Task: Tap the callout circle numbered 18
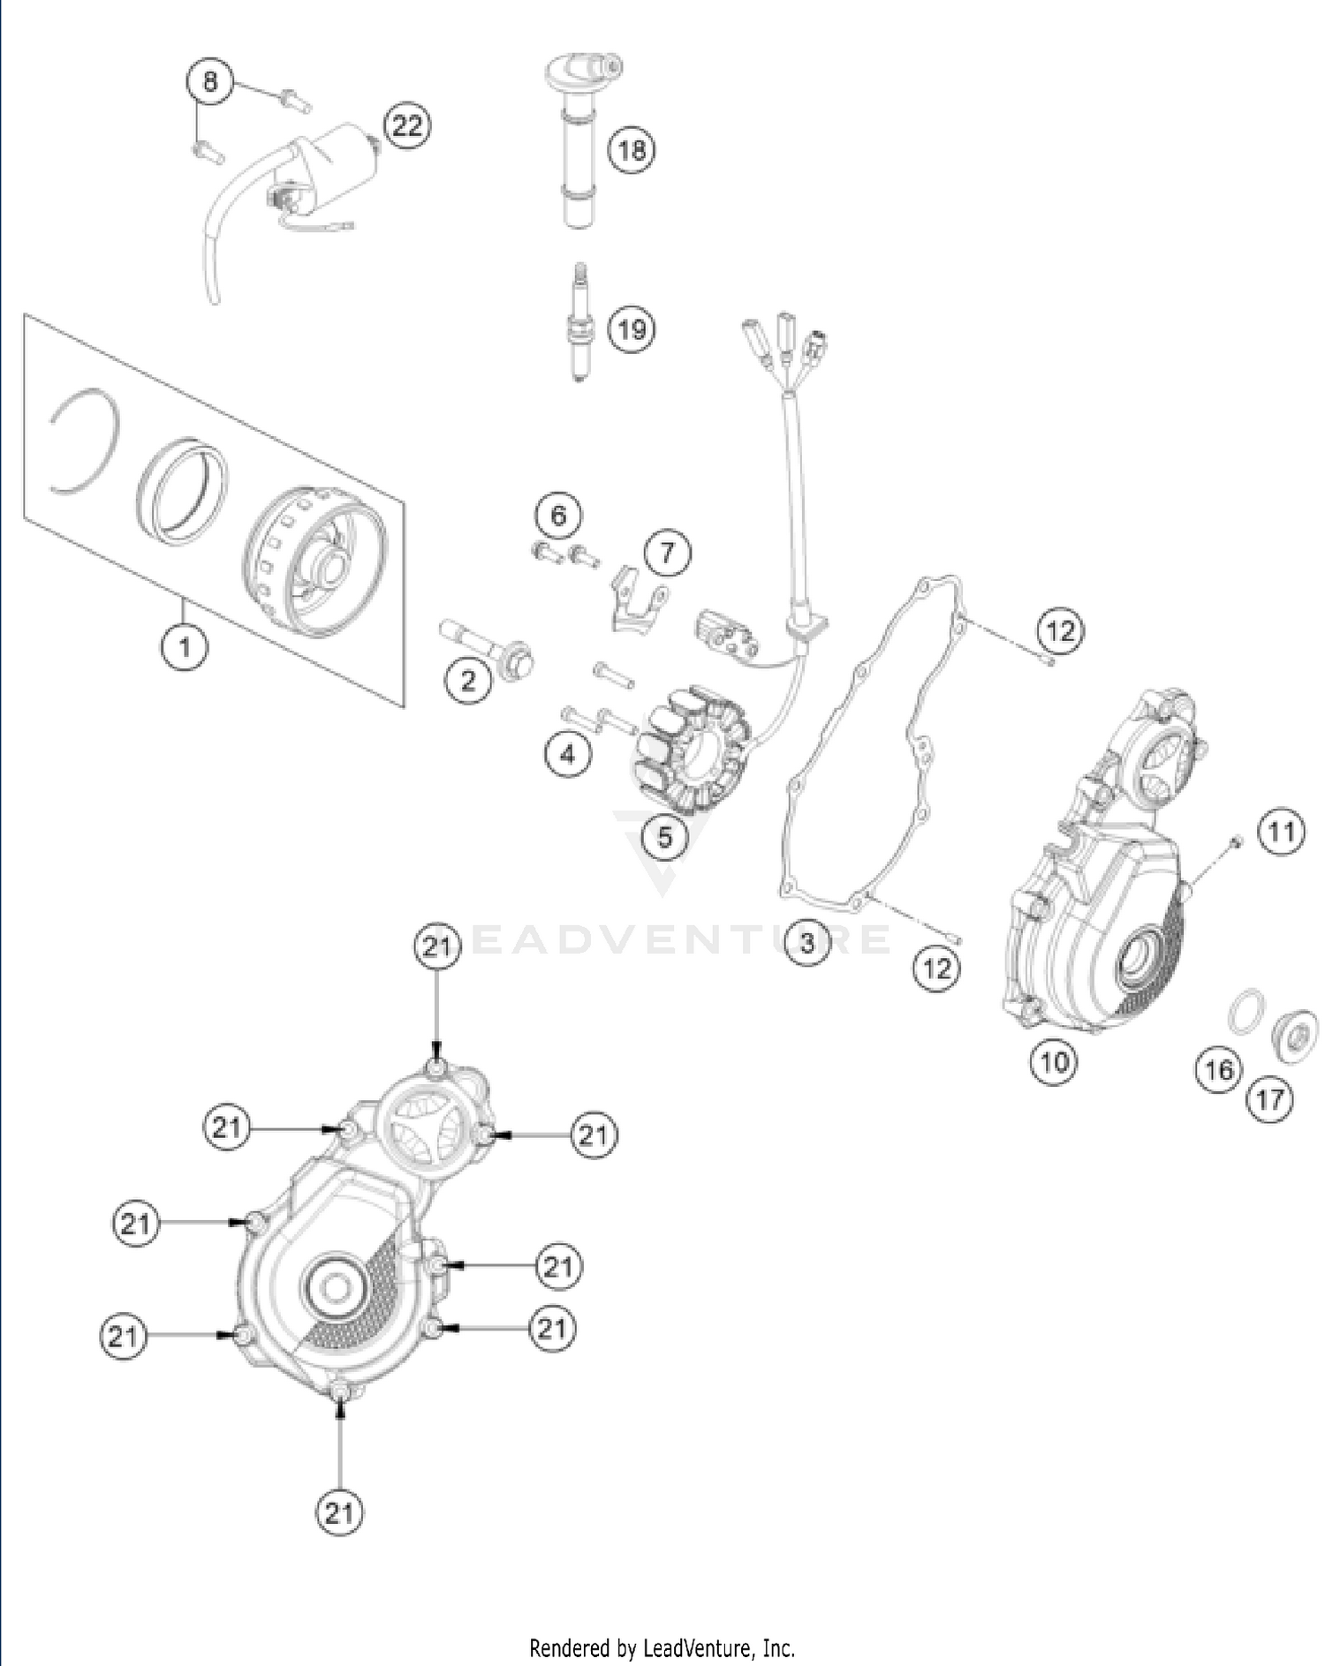(x=631, y=149)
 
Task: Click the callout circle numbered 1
(x=185, y=647)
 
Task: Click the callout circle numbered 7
(x=667, y=553)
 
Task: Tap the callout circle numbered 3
(x=806, y=942)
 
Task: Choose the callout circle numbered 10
(x=1054, y=1060)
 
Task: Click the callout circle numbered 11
(x=1281, y=832)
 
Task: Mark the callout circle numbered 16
(x=1218, y=1070)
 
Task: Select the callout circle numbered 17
(x=1269, y=1099)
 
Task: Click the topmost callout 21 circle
(x=437, y=947)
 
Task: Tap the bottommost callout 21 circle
(x=339, y=1513)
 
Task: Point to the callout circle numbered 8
(x=209, y=82)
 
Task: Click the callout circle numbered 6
(x=558, y=515)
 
